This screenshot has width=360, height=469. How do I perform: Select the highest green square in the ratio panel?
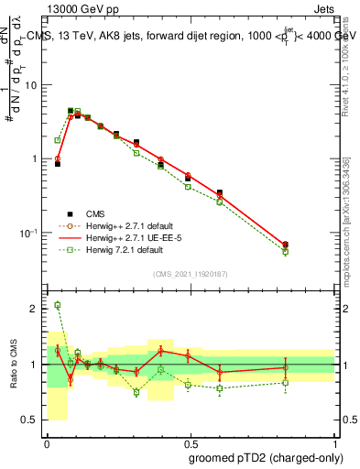point(57,305)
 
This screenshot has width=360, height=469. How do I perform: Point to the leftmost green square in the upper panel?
point(57,140)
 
